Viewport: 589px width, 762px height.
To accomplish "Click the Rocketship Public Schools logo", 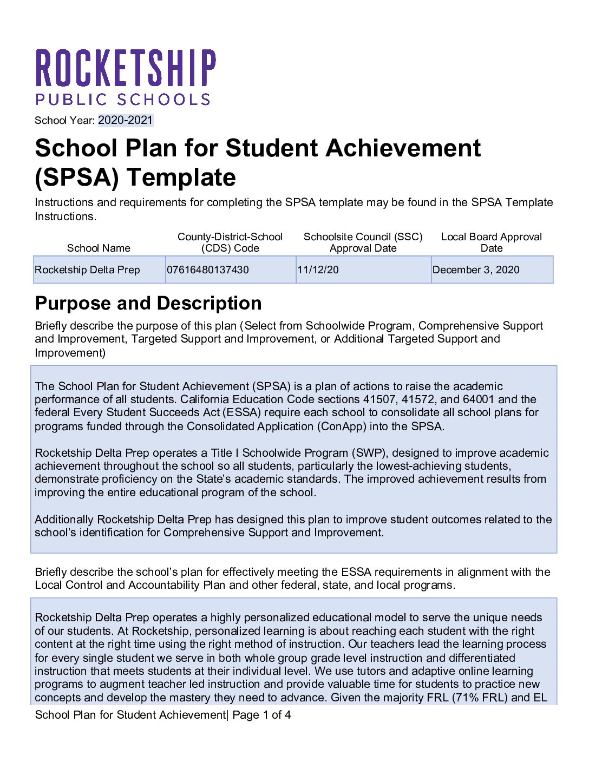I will coord(125,76).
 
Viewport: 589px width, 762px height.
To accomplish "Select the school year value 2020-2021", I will coord(126,120).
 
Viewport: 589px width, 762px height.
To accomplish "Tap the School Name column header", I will coord(99,248).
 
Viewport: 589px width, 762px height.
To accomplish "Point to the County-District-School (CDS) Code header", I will coord(230,242).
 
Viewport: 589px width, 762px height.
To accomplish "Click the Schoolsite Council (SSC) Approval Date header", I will coord(363,242).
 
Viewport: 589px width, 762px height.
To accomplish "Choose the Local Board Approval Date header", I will coord(491,242).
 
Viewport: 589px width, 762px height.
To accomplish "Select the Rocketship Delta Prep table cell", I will coord(88,270).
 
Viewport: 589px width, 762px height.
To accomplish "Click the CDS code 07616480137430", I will coord(208,270).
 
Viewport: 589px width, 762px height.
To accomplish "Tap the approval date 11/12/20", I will coord(318,270).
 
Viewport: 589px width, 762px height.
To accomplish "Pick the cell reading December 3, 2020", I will coord(476,270).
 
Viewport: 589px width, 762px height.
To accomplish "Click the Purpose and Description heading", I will coord(148,303).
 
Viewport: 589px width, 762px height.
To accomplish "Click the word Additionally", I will coord(64,520).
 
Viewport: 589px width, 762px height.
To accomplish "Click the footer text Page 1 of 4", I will coord(261,715).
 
